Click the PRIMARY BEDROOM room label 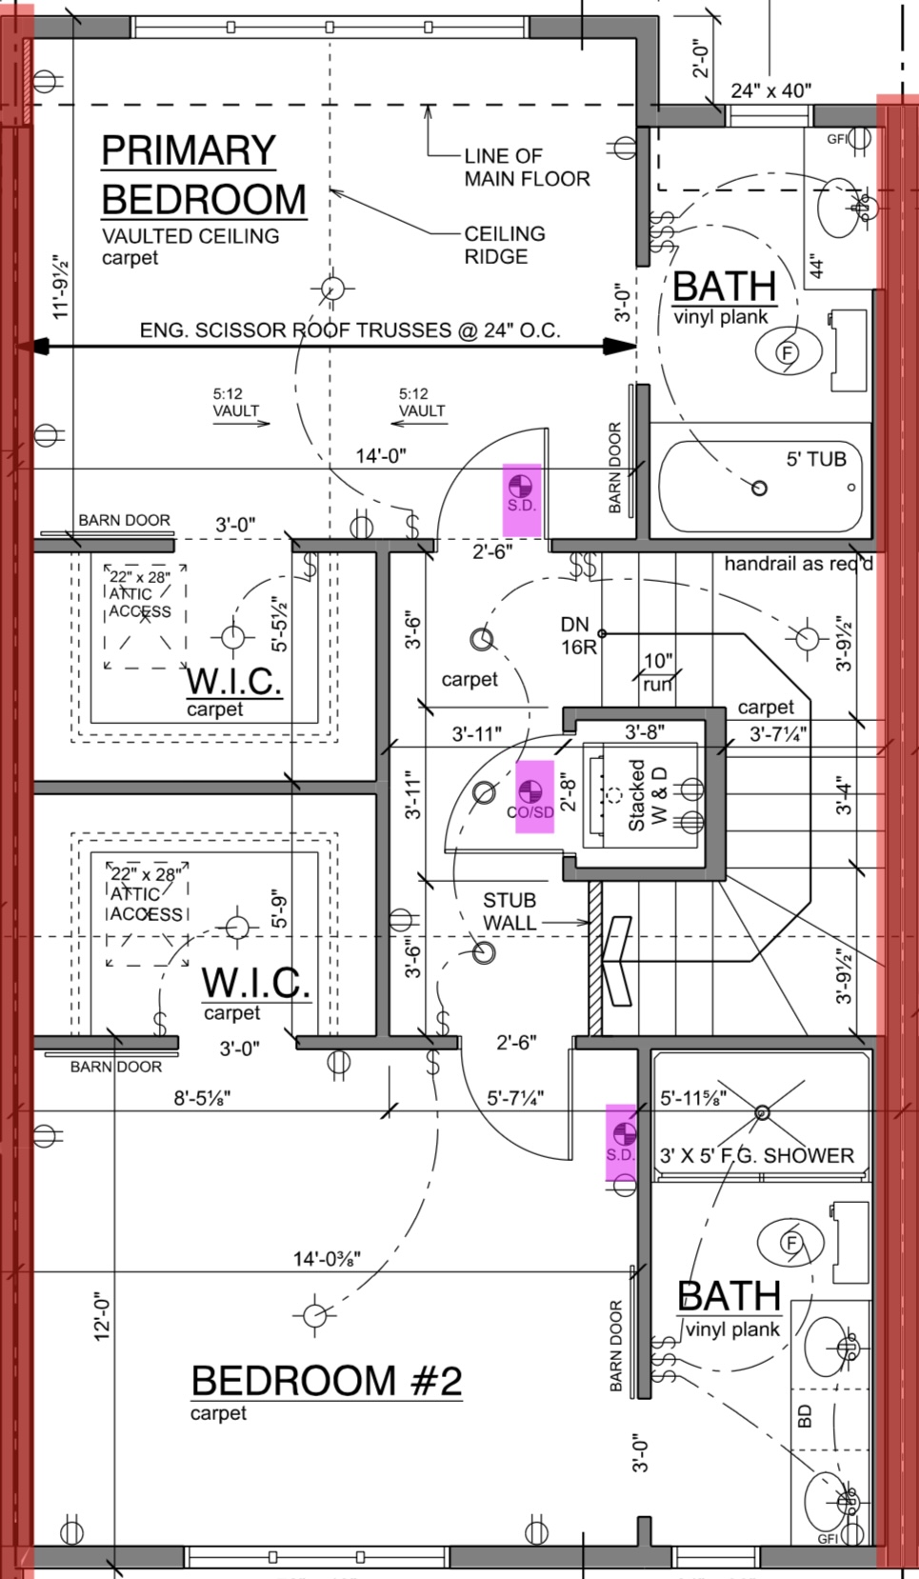click(203, 176)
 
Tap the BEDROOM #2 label click(326, 1381)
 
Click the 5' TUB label click(815, 459)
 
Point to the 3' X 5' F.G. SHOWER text click(757, 1155)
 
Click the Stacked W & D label click(648, 794)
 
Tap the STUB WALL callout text click(509, 911)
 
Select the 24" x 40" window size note click(770, 90)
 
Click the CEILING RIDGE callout click(504, 245)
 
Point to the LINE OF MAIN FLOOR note click(527, 167)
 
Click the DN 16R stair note click(576, 635)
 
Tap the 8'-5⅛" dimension click(202, 1098)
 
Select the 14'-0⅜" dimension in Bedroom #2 click(326, 1259)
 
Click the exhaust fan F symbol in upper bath click(787, 353)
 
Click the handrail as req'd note click(798, 564)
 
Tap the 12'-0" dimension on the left click(103, 1317)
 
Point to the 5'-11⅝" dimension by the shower click(693, 1098)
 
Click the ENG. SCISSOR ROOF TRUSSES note click(350, 330)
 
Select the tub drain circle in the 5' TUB click(759, 489)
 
